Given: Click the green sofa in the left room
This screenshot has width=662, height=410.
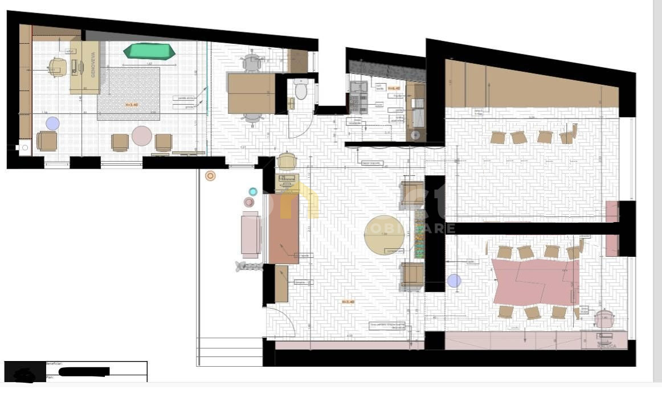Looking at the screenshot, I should click(x=149, y=51).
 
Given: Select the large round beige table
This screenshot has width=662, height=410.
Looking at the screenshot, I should click(x=385, y=235).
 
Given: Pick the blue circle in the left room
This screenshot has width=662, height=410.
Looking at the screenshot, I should click(x=52, y=124).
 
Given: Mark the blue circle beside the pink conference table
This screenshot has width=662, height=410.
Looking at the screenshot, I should click(x=454, y=280).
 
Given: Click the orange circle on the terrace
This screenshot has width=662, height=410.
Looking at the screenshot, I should click(x=210, y=176).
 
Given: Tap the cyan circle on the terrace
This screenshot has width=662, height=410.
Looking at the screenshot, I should click(x=253, y=191).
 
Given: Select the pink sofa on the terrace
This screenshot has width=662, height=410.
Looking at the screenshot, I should click(x=251, y=234).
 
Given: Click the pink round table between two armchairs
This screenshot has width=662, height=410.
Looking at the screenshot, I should click(x=142, y=136).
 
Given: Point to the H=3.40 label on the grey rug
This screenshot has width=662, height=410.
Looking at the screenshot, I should click(x=132, y=105).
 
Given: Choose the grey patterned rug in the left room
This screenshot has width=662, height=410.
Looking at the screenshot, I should click(x=128, y=93).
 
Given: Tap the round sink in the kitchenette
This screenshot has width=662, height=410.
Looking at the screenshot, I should click(x=415, y=135).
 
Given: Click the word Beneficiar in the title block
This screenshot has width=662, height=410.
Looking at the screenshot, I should click(x=55, y=363).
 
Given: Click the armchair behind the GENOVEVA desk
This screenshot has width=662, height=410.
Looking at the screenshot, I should click(x=58, y=67).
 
